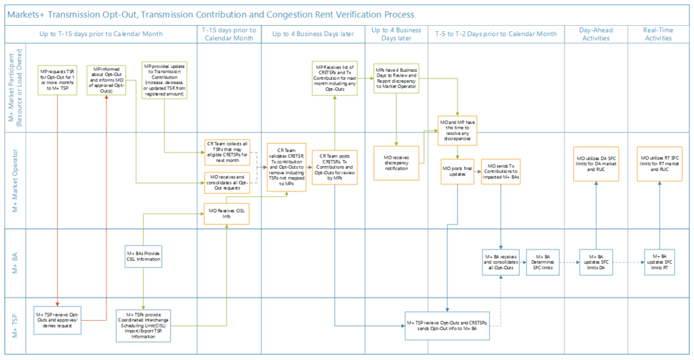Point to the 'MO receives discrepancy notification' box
coord(395,163)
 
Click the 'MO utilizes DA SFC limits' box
coord(596,163)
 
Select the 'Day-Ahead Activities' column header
coord(596,34)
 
